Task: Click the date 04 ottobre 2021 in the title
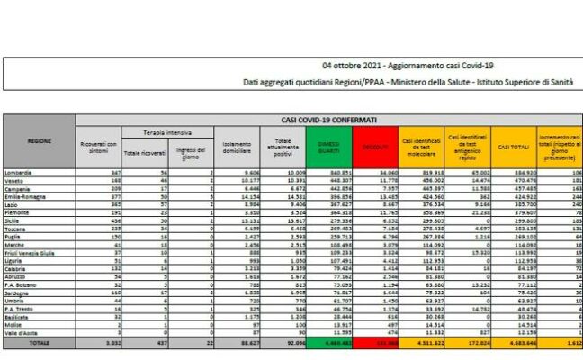(352, 66)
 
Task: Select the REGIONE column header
(39, 141)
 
